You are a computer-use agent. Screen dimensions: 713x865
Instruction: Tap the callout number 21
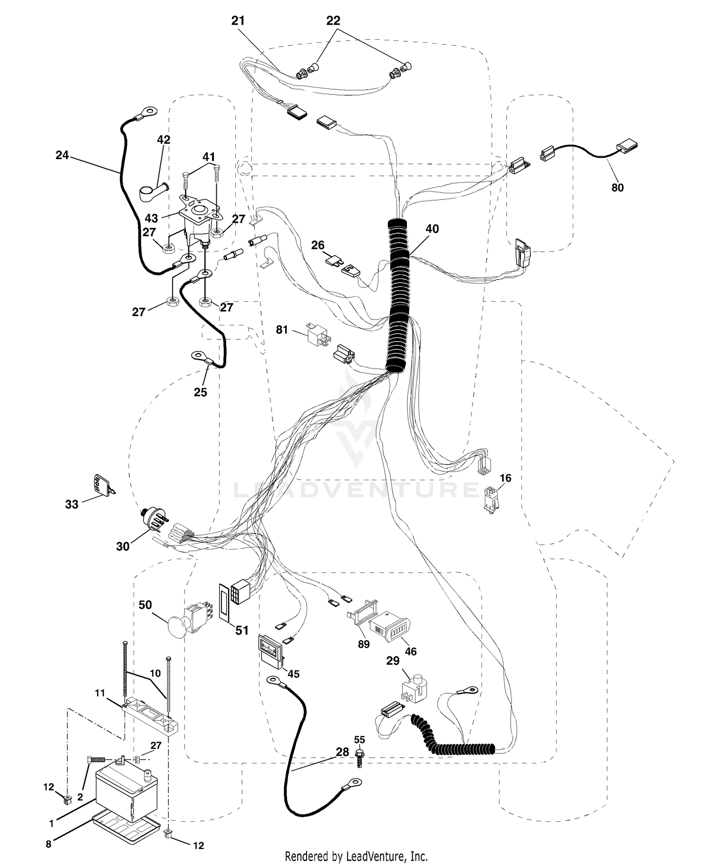238,20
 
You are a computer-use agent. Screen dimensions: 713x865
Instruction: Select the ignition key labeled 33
104,486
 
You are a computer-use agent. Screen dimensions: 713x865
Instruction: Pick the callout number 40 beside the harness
432,228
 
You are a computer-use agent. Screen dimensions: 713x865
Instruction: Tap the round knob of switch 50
178,625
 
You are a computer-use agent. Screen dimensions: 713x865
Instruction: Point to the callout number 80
617,188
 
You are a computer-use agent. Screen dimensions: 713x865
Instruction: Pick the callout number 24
62,155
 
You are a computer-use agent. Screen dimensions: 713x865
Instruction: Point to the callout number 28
342,752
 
